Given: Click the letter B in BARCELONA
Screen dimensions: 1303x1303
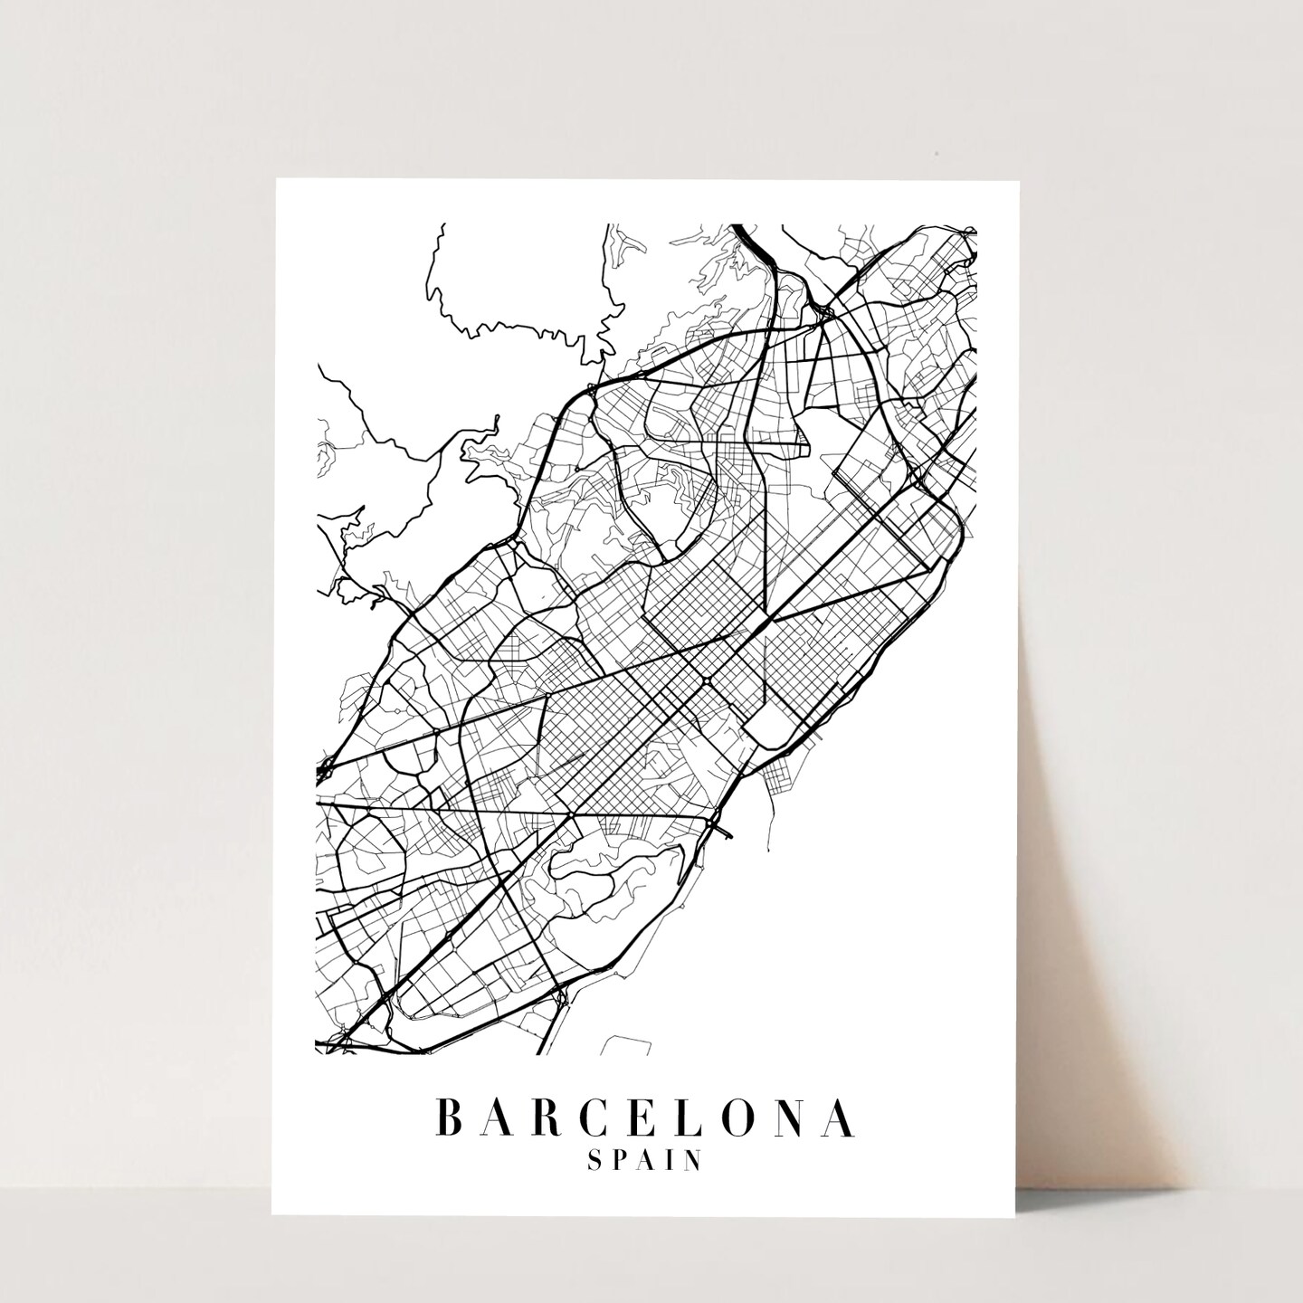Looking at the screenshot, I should click(451, 1118).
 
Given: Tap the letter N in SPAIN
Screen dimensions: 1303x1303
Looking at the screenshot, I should click(693, 1161).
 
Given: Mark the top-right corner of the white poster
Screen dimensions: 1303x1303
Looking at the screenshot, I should click(1020, 180).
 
